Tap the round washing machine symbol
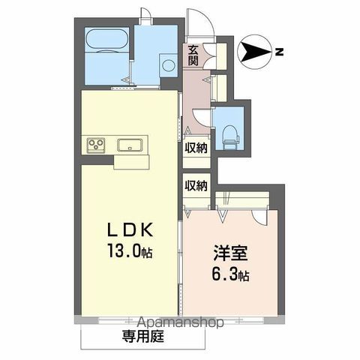(167, 65)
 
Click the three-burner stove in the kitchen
(97, 145)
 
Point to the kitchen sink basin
(130, 145)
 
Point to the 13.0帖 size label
(132, 253)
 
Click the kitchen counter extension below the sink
(132, 161)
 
